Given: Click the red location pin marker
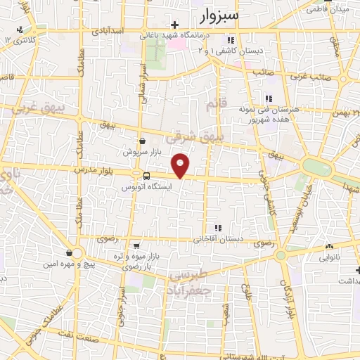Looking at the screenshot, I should pyautogui.click(x=181, y=165).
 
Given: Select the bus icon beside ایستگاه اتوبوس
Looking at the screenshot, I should pyautogui.click(x=146, y=176).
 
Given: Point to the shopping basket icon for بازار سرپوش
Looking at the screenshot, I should pyautogui.click(x=142, y=141).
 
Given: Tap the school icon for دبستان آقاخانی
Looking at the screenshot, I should pyautogui.click(x=219, y=228).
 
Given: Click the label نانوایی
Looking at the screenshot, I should pyautogui.click(x=336, y=258).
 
